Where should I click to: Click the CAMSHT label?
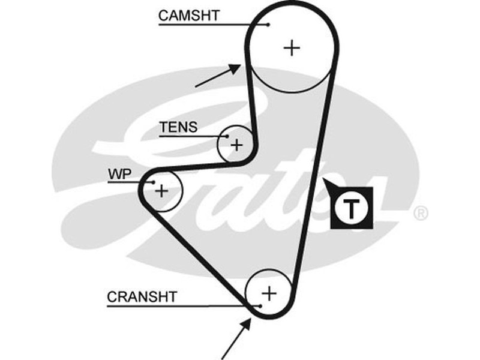(189, 15)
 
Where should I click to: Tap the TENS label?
(178, 127)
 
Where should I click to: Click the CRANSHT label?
(143, 296)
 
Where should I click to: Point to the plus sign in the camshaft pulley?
(292, 47)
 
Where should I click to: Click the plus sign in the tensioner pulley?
(237, 145)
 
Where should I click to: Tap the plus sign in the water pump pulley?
(161, 191)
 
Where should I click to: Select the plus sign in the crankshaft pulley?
(269, 293)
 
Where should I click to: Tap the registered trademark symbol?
(421, 213)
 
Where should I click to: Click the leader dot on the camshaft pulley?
(269, 25)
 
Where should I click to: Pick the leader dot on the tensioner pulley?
(227, 137)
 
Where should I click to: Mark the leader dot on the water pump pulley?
(154, 182)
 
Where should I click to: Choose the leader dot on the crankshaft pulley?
(261, 306)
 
